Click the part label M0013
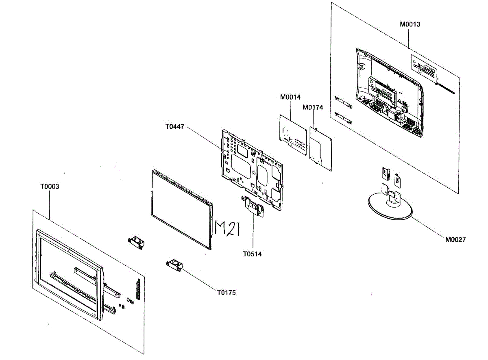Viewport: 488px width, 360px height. tap(410, 24)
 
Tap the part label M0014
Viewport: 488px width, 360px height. tap(290, 98)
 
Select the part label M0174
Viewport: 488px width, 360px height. tap(313, 107)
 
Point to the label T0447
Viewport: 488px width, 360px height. tap(175, 127)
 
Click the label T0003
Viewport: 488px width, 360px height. tap(50, 187)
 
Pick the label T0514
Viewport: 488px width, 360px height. tap(253, 254)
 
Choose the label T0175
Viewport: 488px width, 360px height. tap(226, 293)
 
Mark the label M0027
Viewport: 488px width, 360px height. tap(455, 240)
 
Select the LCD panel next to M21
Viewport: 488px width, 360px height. tap(181, 209)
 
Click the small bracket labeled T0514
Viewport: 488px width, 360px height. tap(253, 206)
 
